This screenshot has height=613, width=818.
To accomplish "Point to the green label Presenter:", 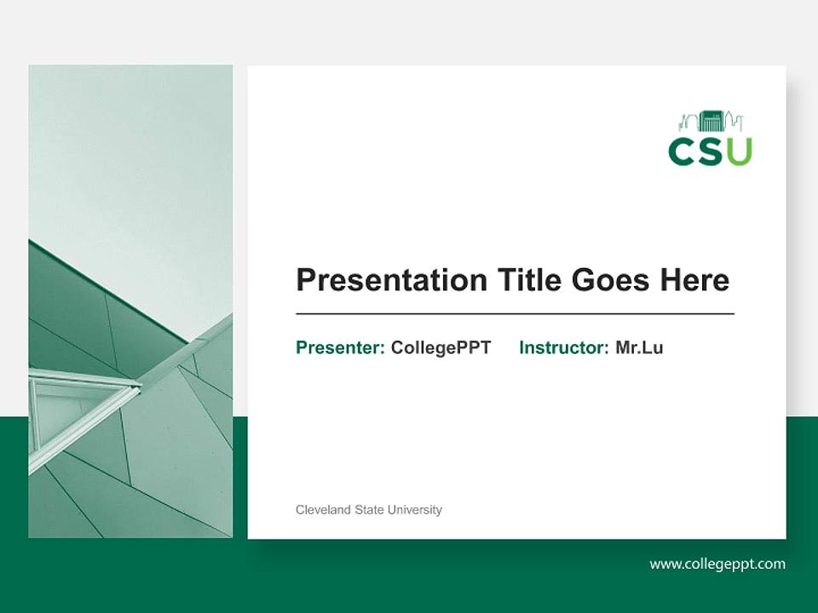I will [x=340, y=347].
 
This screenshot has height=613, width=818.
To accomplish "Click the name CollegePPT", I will [x=441, y=347].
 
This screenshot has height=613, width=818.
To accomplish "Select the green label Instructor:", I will [x=563, y=347].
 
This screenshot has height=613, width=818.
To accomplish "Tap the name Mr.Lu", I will [x=639, y=347].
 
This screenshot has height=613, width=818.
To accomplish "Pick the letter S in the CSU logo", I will [x=711, y=151].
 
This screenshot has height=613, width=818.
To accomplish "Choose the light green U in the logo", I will [x=739, y=151].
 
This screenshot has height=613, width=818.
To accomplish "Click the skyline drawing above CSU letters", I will [x=711, y=121].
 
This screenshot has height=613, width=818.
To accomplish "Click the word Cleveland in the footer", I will [x=323, y=510].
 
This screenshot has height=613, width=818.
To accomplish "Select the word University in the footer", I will [x=414, y=510].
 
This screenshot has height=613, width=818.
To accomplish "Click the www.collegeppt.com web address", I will [x=717, y=564].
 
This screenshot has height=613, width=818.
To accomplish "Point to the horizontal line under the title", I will [x=515, y=314].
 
